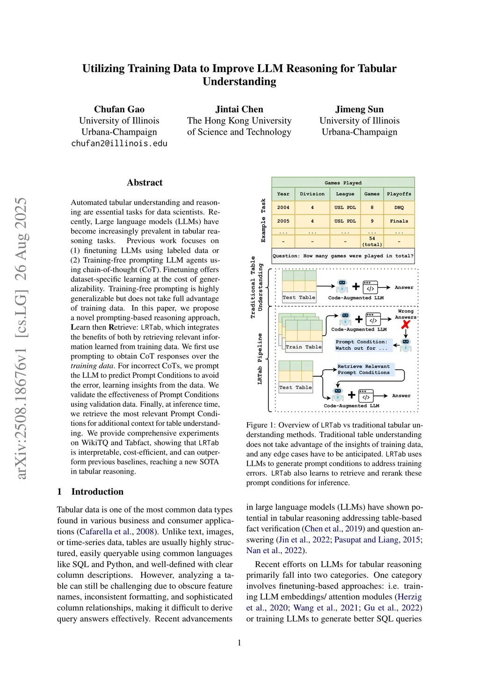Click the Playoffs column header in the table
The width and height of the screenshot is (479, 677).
pos(399,194)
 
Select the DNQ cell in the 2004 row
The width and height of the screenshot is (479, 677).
pos(399,208)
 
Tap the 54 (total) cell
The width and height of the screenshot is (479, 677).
pos(372,241)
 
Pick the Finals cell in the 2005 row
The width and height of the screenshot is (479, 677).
pos(399,221)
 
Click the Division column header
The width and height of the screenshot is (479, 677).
pos(312,194)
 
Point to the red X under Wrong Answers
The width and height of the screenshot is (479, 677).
pos(406,324)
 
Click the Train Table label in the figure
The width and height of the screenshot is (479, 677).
pos(304,347)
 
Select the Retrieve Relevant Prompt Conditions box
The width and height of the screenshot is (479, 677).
pos(364,369)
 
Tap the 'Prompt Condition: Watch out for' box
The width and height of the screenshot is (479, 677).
pos(362,345)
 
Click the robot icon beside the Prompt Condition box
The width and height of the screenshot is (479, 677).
pos(406,345)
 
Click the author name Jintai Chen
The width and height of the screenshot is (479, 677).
pos(239,109)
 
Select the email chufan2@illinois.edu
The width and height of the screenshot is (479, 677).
pos(119,144)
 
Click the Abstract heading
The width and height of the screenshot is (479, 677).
pos(145,183)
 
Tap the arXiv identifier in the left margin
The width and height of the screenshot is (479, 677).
pos(21,338)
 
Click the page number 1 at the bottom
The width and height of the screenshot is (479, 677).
pos(239,643)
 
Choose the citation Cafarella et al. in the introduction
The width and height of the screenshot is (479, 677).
pos(105,532)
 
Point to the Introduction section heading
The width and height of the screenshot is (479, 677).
pos(97,491)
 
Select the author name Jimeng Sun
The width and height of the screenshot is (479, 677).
pos(359,109)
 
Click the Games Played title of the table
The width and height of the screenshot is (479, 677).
pos(343,183)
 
